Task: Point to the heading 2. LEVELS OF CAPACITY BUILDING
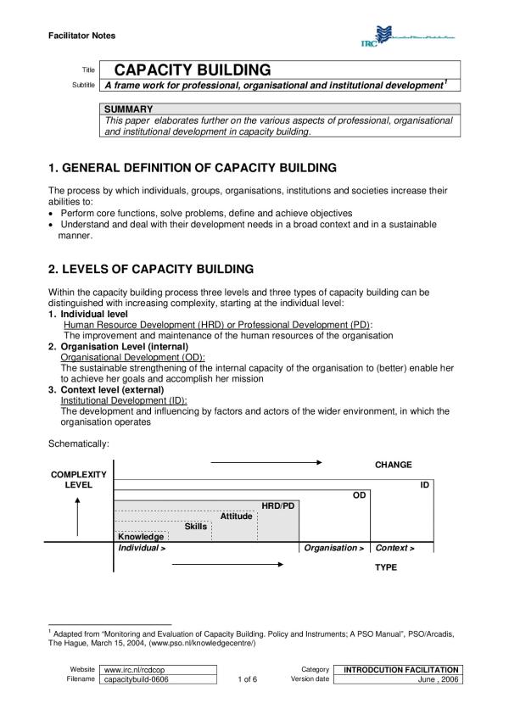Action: click(151, 269)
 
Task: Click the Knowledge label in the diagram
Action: click(141, 536)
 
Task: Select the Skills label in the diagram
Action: click(196, 526)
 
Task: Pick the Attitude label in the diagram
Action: click(237, 516)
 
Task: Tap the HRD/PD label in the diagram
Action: click(278, 505)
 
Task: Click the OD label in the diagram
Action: click(359, 494)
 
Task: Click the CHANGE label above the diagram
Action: click(393, 465)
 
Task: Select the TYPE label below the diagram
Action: click(386, 567)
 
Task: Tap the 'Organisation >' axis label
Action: click(334, 548)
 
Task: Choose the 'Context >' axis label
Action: click(394, 548)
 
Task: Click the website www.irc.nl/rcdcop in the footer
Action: click(133, 669)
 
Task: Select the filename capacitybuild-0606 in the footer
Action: click(140, 679)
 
